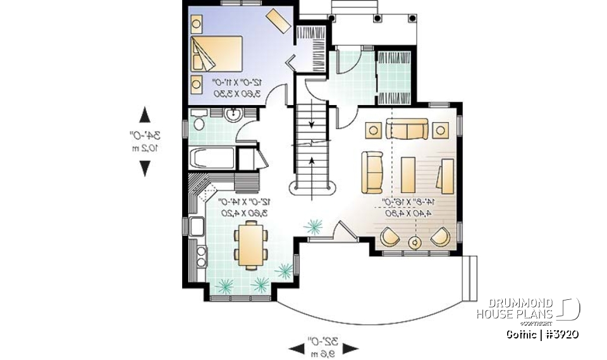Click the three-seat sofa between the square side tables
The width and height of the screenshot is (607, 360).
click(x=407, y=130)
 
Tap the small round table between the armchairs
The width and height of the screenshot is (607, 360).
click(x=415, y=241)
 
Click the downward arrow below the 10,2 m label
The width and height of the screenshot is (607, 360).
click(x=145, y=168)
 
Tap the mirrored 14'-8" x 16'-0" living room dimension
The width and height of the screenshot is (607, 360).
click(x=410, y=208)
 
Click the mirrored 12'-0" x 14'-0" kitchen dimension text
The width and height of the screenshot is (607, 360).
click(x=245, y=207)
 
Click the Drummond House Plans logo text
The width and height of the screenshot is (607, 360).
click(x=515, y=308)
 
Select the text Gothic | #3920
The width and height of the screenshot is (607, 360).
click(x=543, y=333)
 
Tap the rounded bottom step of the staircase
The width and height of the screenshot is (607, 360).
click(x=312, y=187)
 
